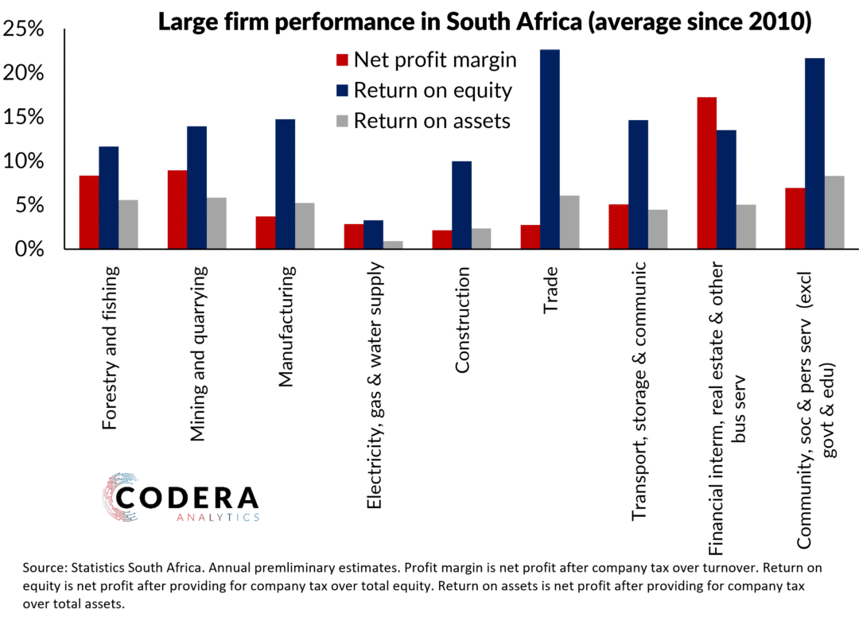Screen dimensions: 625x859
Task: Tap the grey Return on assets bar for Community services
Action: point(834,212)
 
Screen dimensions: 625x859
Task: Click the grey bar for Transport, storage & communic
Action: point(657,229)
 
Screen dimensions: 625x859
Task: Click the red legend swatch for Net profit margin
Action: point(342,60)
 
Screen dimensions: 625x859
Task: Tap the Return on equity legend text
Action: point(433,90)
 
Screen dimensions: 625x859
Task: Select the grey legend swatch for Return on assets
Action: point(342,121)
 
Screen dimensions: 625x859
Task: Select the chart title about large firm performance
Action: point(484,21)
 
